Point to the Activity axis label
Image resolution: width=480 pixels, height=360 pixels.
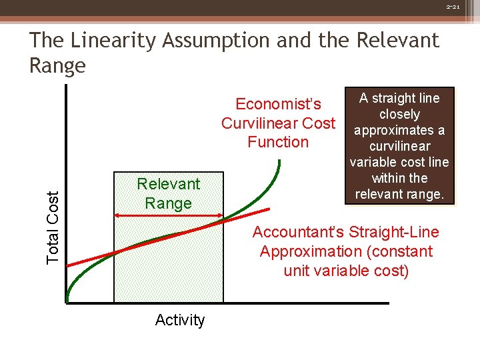point(180,320)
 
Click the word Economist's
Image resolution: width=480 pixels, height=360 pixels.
point(278,104)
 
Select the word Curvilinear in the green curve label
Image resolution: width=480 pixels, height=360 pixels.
point(260,123)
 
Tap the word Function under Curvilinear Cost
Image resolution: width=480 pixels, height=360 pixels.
point(278,142)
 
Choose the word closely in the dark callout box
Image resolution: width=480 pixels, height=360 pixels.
point(399,114)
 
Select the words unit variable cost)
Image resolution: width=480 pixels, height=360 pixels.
point(346,271)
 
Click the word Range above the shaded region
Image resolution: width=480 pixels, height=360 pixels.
point(168,203)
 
